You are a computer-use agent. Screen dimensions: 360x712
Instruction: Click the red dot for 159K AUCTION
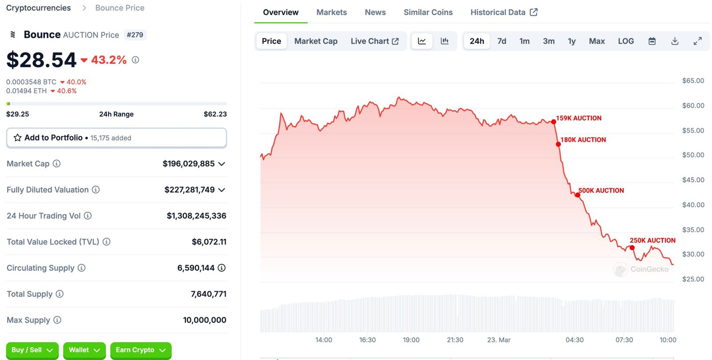[x=554, y=121]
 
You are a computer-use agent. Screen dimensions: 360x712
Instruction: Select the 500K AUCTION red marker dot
[x=578, y=195]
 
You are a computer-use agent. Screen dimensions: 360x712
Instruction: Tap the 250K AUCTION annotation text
[x=652, y=240]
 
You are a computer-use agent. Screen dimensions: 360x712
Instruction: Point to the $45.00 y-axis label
[x=693, y=180]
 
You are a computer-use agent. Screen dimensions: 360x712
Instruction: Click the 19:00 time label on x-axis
[x=411, y=340]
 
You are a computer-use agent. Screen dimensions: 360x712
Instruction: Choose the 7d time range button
[x=502, y=41]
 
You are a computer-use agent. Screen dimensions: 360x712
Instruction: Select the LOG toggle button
[x=626, y=41]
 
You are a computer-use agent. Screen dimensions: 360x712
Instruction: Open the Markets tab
[x=332, y=12]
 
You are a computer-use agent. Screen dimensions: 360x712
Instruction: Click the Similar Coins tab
[x=428, y=12]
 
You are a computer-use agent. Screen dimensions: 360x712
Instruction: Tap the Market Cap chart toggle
[x=316, y=41]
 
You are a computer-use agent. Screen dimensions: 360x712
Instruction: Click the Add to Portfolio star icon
[x=18, y=138]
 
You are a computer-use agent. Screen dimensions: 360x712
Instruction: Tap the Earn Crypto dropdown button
[x=141, y=350]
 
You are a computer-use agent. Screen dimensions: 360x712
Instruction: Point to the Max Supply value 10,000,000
[x=205, y=320]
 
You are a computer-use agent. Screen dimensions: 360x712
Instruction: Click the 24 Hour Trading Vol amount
[x=196, y=216]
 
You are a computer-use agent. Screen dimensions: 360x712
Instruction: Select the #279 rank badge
[x=135, y=35]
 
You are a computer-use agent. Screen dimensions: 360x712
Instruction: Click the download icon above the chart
[x=675, y=41]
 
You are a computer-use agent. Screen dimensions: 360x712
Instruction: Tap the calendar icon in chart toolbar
[x=652, y=41]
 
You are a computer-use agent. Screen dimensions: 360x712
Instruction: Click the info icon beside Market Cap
[x=57, y=164]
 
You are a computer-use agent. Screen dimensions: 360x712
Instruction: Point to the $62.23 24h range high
[x=215, y=114]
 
